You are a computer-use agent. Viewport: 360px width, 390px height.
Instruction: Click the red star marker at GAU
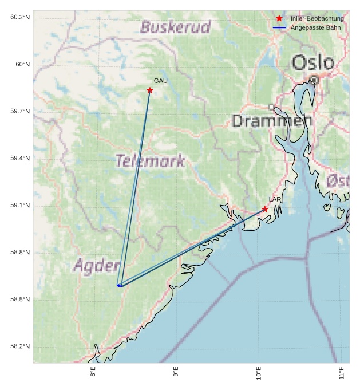(x=150, y=90)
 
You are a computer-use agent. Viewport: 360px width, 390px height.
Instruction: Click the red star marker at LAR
(x=264, y=209)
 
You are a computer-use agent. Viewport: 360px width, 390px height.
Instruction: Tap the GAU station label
(x=160, y=81)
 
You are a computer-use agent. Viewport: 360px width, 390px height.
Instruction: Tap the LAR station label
(x=275, y=199)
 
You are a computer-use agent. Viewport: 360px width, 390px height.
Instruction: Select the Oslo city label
(x=312, y=63)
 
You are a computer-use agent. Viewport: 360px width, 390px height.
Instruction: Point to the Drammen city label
(x=272, y=120)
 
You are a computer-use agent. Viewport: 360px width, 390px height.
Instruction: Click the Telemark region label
(x=150, y=161)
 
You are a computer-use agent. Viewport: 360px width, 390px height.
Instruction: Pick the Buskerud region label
(x=175, y=27)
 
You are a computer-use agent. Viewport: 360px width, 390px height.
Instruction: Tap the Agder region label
(x=96, y=266)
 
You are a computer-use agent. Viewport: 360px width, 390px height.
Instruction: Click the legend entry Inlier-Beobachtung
(x=317, y=19)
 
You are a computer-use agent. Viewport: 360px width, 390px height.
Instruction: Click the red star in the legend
(x=279, y=19)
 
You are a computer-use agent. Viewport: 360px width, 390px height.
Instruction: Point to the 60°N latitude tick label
(x=22, y=64)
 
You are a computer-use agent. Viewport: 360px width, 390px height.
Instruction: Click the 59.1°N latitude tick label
(x=20, y=206)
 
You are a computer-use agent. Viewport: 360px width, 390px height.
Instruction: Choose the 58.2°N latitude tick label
(x=20, y=346)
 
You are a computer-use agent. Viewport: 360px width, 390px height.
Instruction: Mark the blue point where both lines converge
(x=119, y=285)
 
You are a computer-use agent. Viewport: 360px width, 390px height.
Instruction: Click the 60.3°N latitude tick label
(x=20, y=17)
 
